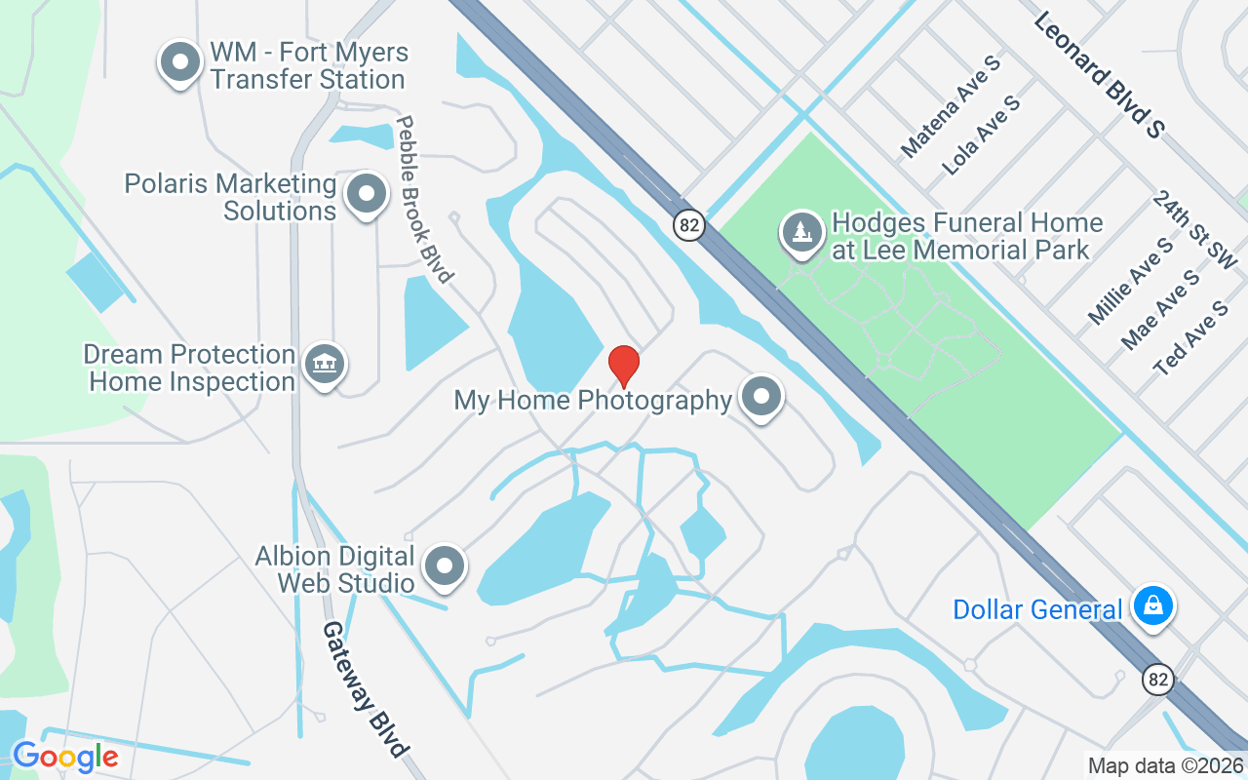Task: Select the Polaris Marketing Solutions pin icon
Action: pos(367,193)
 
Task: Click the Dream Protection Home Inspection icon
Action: pos(324,365)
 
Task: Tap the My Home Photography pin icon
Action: pos(761,397)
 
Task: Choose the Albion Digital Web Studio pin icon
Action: pos(447,565)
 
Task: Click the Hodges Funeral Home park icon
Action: pos(801,233)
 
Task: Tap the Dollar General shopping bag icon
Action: pos(1153,605)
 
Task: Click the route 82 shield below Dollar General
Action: pos(1158,680)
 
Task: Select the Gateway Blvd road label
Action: pos(364,689)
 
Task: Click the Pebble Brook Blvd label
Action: pos(424,200)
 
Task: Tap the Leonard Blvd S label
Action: pos(1098,74)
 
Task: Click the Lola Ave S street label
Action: pos(982,135)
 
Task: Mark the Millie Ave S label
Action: pos(1131,281)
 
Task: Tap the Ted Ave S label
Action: pos(1190,337)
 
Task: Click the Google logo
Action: pos(65,757)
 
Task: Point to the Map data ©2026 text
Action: pos(1165,766)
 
